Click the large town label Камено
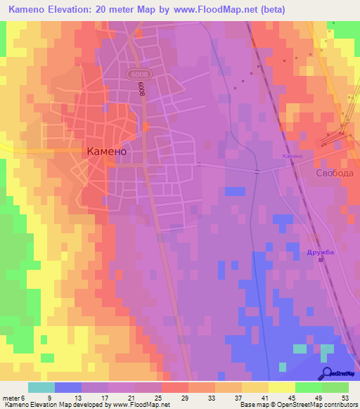click(107, 150)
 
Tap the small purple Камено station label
click(292, 155)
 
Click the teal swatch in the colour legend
click(41, 387)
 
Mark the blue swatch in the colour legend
click(67, 387)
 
